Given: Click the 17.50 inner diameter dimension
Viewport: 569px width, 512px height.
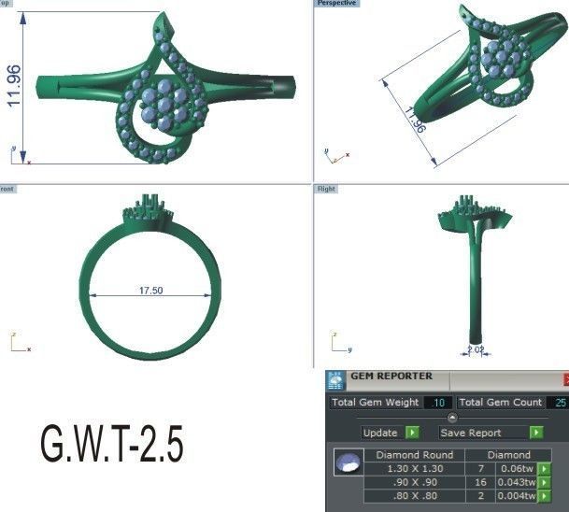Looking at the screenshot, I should tap(150, 292).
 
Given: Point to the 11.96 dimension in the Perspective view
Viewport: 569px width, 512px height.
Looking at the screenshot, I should tap(416, 121).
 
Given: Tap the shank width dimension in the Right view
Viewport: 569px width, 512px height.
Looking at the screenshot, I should tap(475, 351).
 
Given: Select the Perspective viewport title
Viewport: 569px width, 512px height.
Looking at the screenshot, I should tap(337, 4).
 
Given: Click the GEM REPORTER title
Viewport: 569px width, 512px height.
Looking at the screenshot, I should tap(391, 377).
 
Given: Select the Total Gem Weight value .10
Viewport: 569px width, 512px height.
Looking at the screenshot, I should tap(436, 403).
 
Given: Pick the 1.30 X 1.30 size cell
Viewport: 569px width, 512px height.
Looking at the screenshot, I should tap(414, 468).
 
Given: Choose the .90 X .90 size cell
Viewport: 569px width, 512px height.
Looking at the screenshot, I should tap(414, 482).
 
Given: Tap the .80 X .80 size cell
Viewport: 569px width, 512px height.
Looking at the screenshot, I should tap(414, 496).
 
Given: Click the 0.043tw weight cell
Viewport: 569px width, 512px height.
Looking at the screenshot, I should tap(517, 482).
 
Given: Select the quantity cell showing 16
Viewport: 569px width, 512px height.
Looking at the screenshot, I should tap(479, 482).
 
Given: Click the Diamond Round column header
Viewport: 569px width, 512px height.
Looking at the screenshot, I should tap(414, 455).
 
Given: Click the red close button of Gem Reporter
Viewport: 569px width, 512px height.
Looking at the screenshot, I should tap(565, 378).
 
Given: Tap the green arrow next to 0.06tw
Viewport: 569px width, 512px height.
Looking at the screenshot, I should tap(545, 468).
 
